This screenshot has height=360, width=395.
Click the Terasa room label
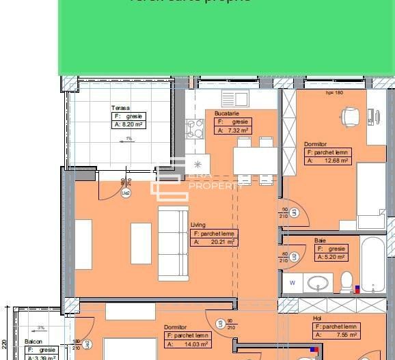121,108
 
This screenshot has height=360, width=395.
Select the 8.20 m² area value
133,125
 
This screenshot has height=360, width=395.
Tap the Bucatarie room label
226,113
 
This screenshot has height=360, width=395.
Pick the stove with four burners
195,128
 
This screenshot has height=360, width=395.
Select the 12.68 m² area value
336,161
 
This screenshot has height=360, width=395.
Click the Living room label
197,225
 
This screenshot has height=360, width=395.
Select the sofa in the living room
174,243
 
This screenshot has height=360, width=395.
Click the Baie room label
320,240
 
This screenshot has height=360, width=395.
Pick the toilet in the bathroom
346,281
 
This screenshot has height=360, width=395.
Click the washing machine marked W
292,281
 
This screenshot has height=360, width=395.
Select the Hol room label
317,318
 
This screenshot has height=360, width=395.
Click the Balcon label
33,341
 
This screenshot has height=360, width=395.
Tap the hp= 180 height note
334,93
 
